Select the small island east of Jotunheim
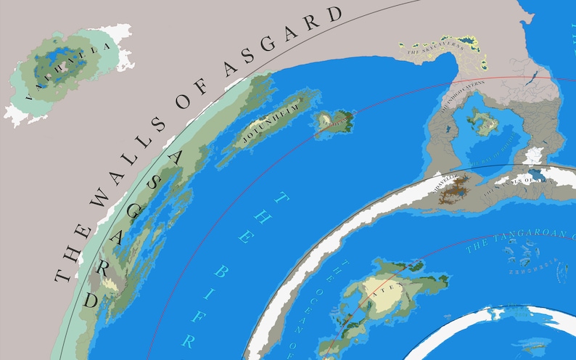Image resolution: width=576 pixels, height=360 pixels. [334, 120]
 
